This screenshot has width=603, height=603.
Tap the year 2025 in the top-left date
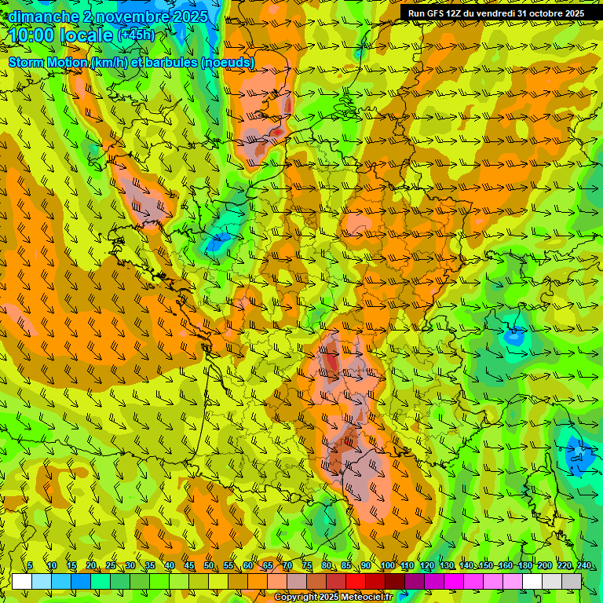[188, 16]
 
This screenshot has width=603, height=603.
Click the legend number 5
[30, 565]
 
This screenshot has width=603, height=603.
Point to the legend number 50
[209, 565]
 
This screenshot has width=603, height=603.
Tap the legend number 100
[387, 565]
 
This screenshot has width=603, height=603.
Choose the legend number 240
[583, 565]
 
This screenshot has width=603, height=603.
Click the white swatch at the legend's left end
[22, 581]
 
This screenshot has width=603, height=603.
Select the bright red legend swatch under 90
[356, 581]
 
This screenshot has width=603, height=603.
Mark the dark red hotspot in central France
[331, 362]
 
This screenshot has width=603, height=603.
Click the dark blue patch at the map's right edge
[579, 454]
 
